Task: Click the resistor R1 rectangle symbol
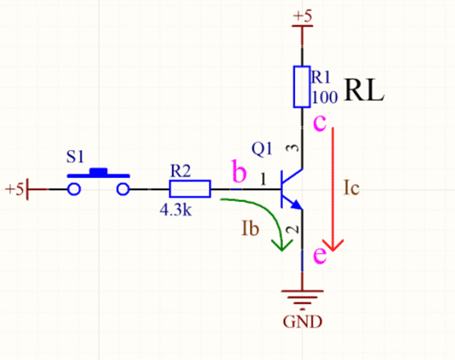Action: point(302,86)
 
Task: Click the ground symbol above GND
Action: point(302,298)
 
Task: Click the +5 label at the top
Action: point(302,15)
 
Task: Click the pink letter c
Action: point(319,122)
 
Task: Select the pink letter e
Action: point(319,255)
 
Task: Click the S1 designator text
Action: point(75,157)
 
